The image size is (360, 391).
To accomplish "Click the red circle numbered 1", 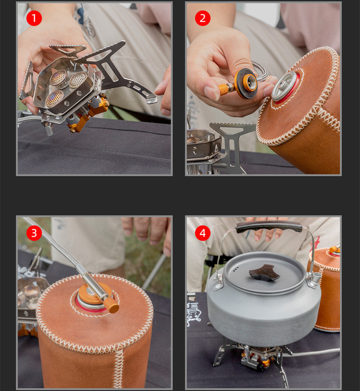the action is coord(34,18).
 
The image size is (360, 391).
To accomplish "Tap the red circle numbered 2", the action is coord(202,18).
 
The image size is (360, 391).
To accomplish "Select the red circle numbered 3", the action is coord(34,233).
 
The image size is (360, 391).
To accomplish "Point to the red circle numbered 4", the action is coord(202,233).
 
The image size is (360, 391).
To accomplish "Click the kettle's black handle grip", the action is coord(269,226).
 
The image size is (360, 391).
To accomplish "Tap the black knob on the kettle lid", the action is coord(265,272).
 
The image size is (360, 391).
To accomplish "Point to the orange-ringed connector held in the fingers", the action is coord(246,83).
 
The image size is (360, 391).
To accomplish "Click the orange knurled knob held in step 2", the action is coord(224,89).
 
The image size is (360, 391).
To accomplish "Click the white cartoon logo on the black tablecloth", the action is coord(193,314).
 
